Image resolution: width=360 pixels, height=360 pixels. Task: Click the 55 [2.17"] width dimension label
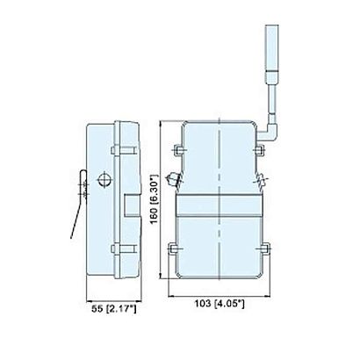click(x=113, y=308)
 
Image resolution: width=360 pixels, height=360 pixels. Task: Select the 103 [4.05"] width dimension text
click(x=220, y=304)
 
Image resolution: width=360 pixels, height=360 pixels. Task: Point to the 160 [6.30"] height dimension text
click(x=154, y=198)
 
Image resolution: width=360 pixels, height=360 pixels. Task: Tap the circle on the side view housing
click(x=104, y=180)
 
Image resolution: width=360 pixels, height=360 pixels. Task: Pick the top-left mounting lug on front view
click(x=178, y=150)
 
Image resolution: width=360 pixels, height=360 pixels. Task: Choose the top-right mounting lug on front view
click(x=259, y=150)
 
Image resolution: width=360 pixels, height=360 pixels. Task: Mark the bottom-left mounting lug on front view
click(x=174, y=248)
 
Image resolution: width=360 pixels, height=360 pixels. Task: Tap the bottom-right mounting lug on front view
click(x=264, y=248)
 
